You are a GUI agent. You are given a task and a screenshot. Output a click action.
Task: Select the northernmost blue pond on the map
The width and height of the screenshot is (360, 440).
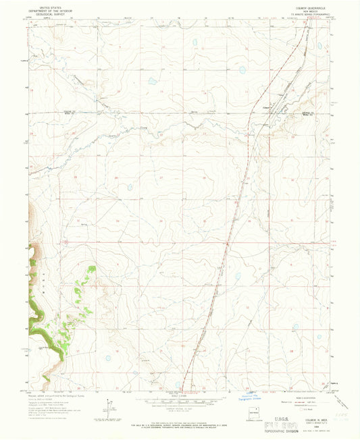(195, 42)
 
